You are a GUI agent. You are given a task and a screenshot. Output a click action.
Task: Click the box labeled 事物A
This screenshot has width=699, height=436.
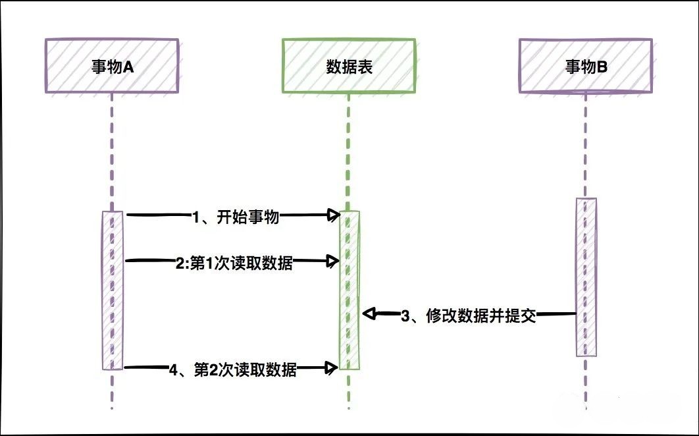[112, 65]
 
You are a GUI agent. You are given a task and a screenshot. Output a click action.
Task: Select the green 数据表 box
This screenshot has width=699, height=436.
[349, 65]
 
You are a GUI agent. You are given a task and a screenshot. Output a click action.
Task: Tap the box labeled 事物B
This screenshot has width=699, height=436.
[586, 65]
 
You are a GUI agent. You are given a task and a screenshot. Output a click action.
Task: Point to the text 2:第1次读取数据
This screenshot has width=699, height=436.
[234, 264]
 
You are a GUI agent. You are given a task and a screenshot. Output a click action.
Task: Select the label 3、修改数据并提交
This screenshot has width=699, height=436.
[469, 316]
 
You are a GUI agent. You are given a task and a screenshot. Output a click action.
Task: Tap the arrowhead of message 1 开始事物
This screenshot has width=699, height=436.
[334, 215]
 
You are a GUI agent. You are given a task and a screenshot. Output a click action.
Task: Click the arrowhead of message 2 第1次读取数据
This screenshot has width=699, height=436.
[334, 261]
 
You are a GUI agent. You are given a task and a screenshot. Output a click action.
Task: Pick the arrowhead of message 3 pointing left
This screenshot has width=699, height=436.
[369, 314]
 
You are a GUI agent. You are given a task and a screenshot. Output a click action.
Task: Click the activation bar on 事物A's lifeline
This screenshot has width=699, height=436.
[113, 290]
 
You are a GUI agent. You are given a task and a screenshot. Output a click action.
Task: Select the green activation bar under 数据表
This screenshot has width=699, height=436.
[349, 290]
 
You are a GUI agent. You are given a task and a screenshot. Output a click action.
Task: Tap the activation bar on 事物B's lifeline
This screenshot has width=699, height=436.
[586, 277]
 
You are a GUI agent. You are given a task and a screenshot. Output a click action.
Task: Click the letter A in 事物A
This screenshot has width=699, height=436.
[129, 66]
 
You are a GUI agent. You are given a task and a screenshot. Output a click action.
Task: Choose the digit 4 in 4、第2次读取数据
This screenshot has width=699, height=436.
[173, 371]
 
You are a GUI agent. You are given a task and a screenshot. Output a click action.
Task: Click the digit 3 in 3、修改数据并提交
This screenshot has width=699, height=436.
[405, 316]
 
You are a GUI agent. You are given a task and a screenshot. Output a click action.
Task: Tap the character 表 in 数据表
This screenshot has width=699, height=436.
[365, 66]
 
